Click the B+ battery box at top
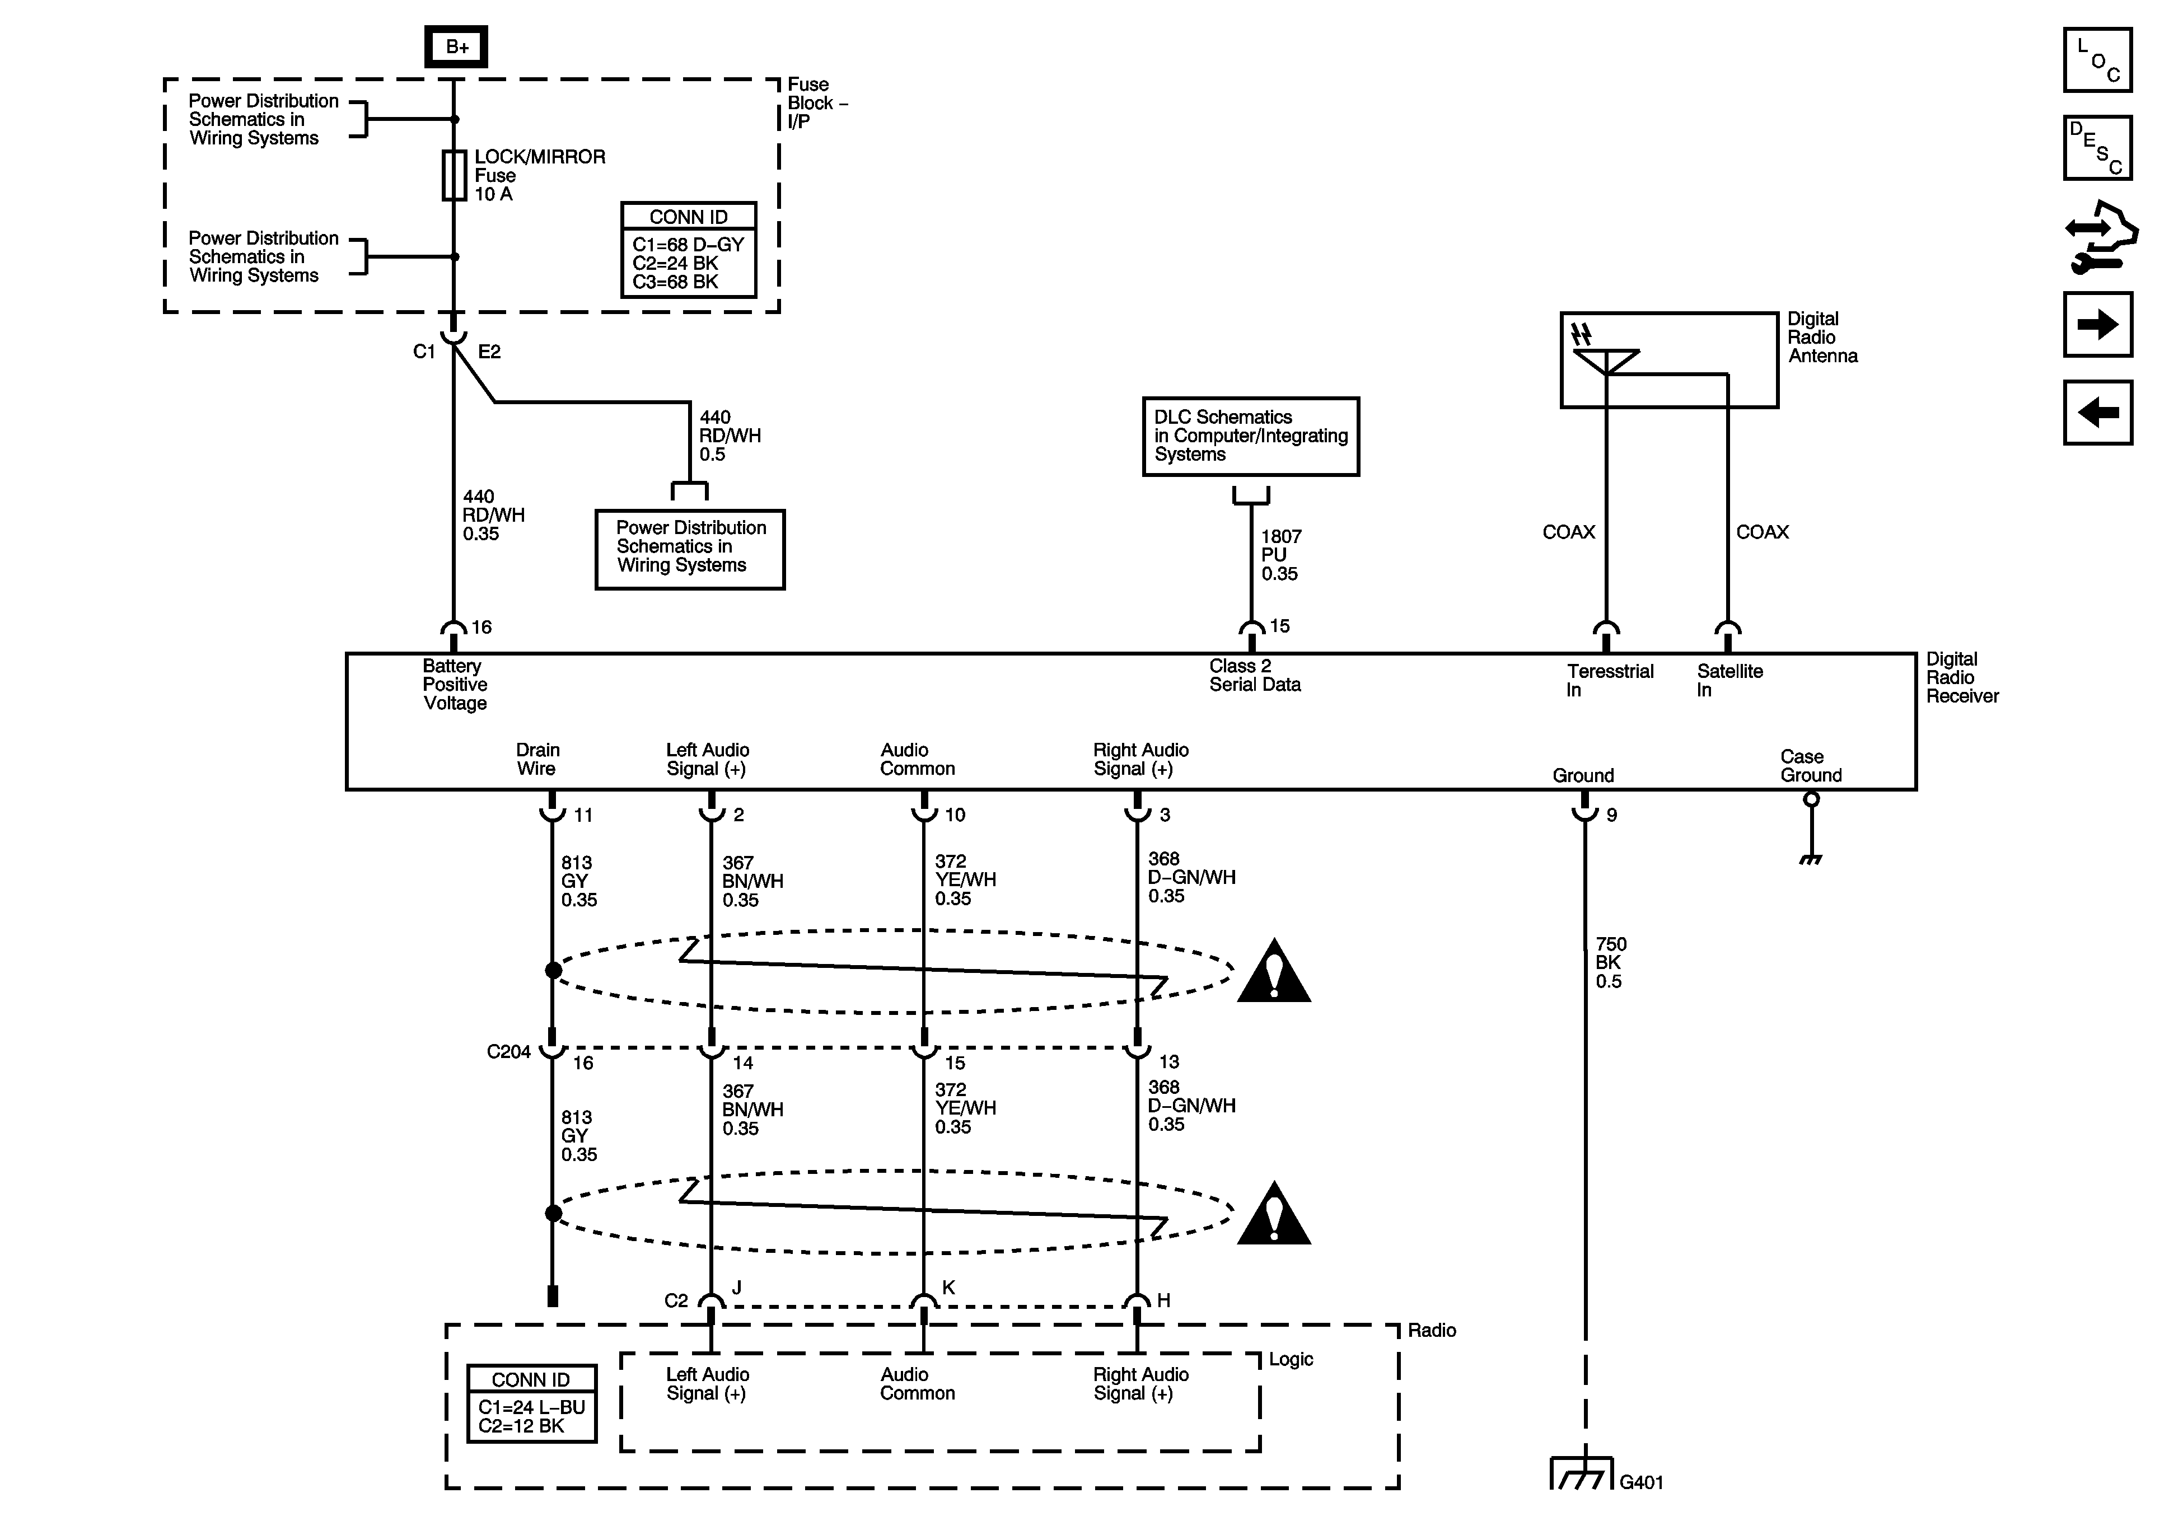pyautogui.click(x=456, y=46)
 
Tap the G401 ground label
pyautogui.click(x=1641, y=1482)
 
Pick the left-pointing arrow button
pyautogui.click(x=2097, y=412)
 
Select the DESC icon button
pyautogui.click(x=2097, y=147)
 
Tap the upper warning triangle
pyautogui.click(x=1273, y=973)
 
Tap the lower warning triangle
pyautogui.click(x=1273, y=1215)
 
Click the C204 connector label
pyautogui.click(x=508, y=1051)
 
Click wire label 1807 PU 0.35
pyautogui.click(x=1280, y=555)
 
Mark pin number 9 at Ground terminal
pyautogui.click(x=1612, y=815)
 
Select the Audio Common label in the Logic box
pyautogui.click(x=917, y=1384)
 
